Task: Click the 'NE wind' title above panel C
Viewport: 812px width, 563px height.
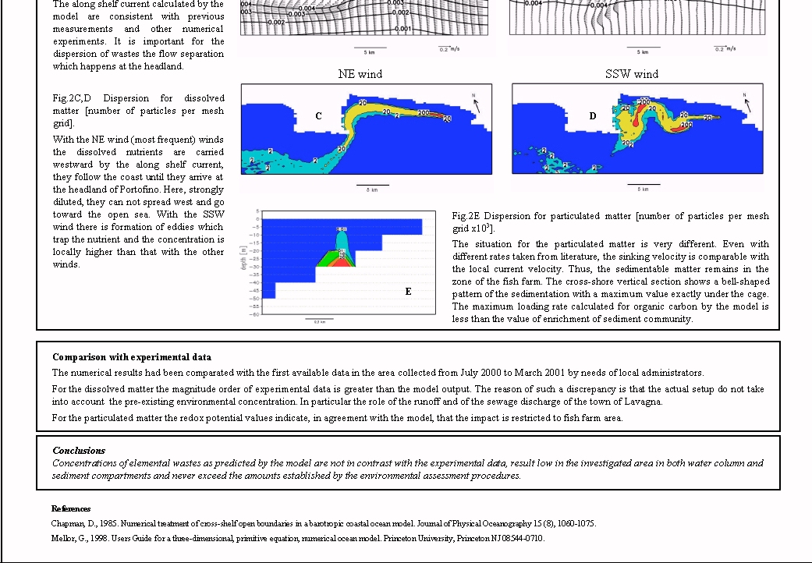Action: click(x=360, y=74)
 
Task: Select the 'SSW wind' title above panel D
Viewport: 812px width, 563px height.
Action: click(x=631, y=74)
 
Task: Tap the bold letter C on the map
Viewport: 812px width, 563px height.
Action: click(x=318, y=116)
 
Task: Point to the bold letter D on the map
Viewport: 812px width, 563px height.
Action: click(x=592, y=116)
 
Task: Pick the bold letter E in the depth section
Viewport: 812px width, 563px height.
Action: click(x=408, y=292)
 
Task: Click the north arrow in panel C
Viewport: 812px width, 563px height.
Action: click(x=475, y=104)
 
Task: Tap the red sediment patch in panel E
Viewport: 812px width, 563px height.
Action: click(x=340, y=263)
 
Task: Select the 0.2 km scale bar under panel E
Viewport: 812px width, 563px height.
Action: click(x=319, y=320)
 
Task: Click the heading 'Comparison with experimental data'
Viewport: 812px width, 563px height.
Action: click(x=132, y=357)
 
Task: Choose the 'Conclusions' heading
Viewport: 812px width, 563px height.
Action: click(x=79, y=451)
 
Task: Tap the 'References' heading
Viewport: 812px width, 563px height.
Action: click(x=71, y=508)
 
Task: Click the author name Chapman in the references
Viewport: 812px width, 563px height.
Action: click(x=68, y=523)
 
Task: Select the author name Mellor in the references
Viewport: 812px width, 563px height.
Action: click(x=64, y=538)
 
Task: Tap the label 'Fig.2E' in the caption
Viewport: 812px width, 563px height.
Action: click(x=466, y=216)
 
